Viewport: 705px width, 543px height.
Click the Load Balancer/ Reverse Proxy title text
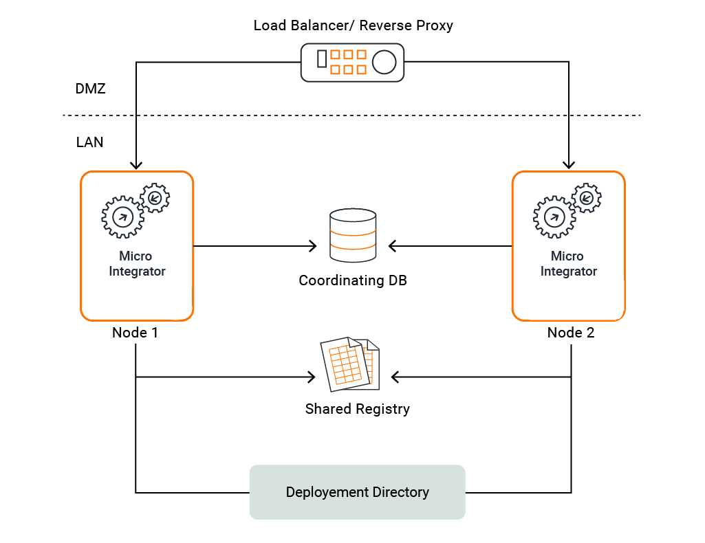click(x=353, y=26)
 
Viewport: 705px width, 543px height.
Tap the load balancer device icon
click(x=352, y=63)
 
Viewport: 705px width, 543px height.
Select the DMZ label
click(x=90, y=89)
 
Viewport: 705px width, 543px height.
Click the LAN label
click(x=90, y=142)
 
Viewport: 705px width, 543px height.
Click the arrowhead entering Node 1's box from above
click(x=136, y=165)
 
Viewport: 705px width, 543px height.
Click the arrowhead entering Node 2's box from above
click(x=568, y=165)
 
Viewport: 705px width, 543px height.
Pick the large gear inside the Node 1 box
click(x=122, y=217)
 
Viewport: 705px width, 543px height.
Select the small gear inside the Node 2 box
click(x=587, y=199)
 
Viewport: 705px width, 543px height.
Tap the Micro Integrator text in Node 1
click(x=137, y=264)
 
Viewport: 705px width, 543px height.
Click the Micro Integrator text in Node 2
click(x=568, y=264)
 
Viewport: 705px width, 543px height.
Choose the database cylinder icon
click(x=353, y=235)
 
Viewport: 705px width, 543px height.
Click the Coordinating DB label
click(x=353, y=280)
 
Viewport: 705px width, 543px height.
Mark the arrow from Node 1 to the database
click(x=254, y=245)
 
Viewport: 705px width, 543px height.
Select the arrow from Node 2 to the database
click(x=451, y=245)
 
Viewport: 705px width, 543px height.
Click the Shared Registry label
click(x=357, y=409)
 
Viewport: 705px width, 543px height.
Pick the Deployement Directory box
click(x=357, y=492)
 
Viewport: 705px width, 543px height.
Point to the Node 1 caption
click(x=135, y=333)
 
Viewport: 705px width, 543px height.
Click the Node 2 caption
click(x=570, y=333)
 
